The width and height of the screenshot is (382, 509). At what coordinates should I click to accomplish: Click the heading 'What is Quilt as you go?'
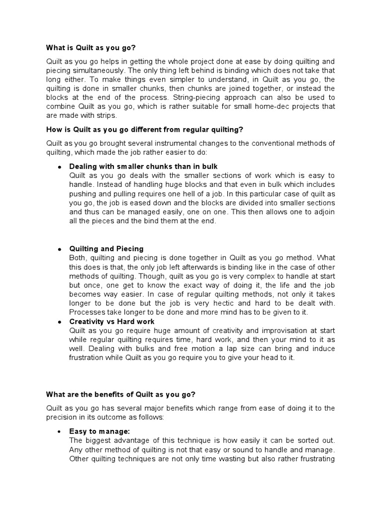point(91,48)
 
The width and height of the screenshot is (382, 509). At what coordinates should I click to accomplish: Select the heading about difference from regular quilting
point(145,130)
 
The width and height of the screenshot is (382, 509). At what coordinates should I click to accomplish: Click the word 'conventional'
point(282,143)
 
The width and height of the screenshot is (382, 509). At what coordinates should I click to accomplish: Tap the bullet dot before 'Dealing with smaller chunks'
point(60,167)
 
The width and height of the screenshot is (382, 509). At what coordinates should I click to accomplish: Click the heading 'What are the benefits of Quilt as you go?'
point(121,394)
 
